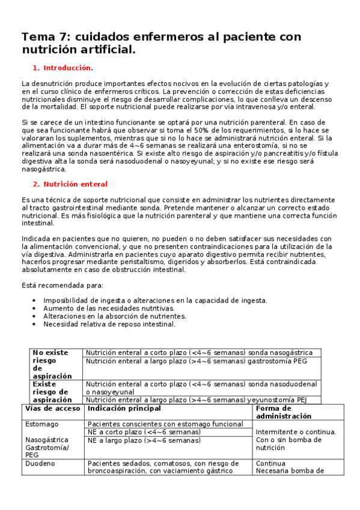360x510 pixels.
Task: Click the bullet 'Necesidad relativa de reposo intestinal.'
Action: point(109,324)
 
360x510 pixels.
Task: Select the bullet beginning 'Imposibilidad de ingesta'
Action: point(155,300)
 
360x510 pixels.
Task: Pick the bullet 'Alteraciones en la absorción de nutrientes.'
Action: point(115,316)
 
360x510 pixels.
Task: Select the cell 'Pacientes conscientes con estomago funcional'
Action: point(165,424)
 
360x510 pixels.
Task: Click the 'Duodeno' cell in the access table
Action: point(40,463)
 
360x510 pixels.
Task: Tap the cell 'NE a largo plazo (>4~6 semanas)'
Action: point(144,440)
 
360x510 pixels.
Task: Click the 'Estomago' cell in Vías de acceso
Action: point(42,424)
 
